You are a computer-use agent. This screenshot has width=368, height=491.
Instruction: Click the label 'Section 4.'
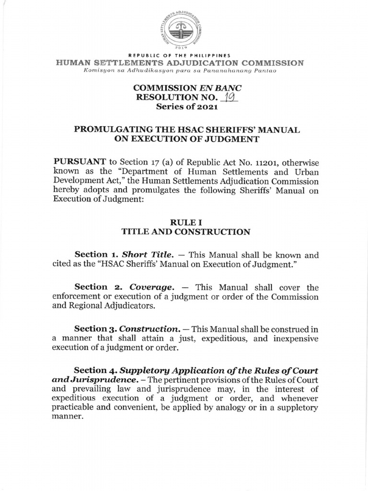[95, 371]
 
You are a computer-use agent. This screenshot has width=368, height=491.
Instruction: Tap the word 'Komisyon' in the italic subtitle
[98, 71]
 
